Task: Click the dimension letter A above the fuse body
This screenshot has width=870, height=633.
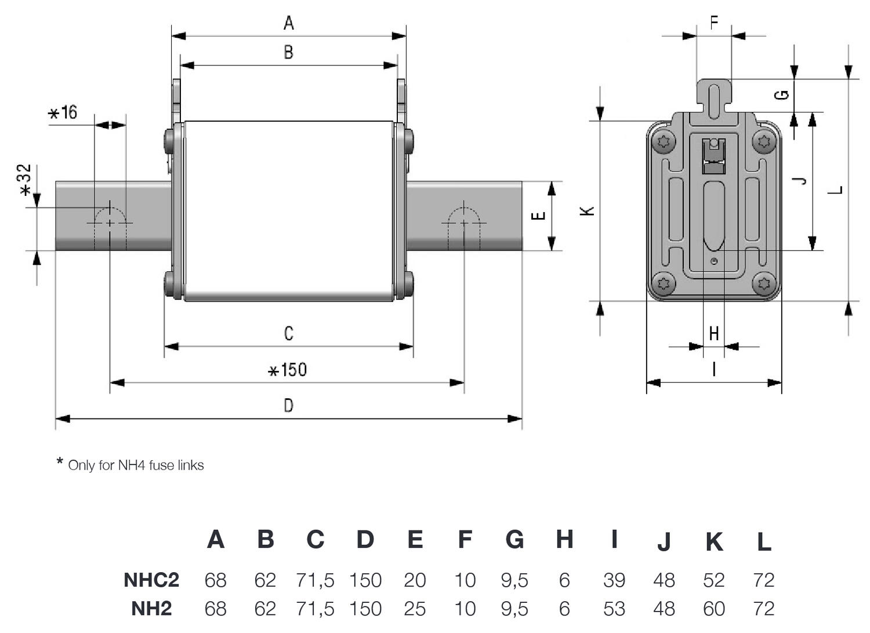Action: click(x=288, y=23)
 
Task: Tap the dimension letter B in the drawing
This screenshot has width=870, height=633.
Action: click(x=288, y=52)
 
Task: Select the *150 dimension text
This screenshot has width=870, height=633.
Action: click(x=288, y=370)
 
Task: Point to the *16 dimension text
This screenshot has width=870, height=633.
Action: click(x=63, y=112)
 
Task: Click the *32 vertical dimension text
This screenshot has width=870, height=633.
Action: click(x=24, y=180)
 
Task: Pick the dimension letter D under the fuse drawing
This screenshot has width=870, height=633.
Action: click(x=288, y=405)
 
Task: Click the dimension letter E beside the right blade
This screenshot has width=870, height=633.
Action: click(x=539, y=216)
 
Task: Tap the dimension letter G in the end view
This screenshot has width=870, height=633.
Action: click(x=782, y=94)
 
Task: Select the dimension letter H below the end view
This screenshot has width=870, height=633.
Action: click(x=714, y=334)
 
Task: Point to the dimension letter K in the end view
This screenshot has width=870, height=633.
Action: click(x=588, y=211)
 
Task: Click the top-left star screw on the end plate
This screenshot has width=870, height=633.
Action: click(x=664, y=141)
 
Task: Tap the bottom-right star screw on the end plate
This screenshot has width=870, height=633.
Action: click(x=764, y=283)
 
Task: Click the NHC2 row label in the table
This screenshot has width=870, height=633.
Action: click(x=151, y=580)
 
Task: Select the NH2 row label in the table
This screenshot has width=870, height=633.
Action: click(x=151, y=609)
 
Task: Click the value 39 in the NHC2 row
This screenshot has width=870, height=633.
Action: click(x=614, y=580)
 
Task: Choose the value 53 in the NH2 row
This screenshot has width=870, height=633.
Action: click(x=614, y=609)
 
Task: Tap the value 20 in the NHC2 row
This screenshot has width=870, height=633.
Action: click(x=415, y=580)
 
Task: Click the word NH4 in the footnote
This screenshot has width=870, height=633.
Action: click(x=131, y=465)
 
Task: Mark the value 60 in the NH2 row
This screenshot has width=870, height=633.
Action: click(x=714, y=609)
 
